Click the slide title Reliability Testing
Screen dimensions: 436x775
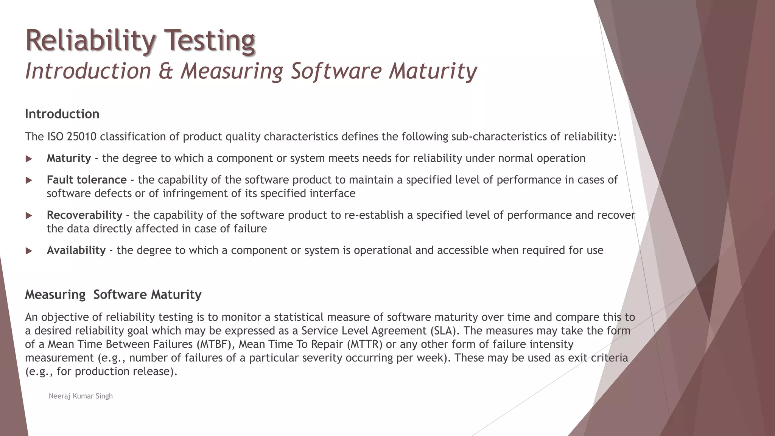[140, 40]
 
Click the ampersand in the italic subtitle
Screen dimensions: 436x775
[166, 71]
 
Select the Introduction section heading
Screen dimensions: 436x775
[62, 114]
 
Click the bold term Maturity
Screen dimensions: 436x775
[69, 158]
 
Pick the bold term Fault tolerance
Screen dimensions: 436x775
[87, 180]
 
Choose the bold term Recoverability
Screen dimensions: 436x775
[84, 215]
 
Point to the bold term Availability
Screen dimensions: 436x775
[76, 250]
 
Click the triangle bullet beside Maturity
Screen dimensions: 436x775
[29, 159]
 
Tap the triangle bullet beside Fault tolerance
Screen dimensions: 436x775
[29, 181]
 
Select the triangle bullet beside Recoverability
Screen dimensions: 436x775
[29, 216]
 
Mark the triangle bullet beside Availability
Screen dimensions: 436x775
[29, 251]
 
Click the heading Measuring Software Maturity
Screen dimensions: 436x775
[113, 294]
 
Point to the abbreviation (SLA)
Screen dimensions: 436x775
[445, 331]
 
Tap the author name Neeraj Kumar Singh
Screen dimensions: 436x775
[81, 396]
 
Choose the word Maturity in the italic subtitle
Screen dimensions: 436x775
[433, 71]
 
